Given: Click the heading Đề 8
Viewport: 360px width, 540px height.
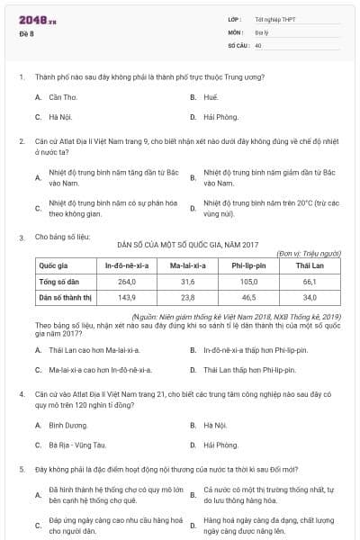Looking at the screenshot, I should click(25, 33).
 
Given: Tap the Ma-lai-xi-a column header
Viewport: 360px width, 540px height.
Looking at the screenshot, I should click(188, 265).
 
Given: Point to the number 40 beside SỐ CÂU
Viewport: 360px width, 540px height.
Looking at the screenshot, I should click(258, 44).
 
